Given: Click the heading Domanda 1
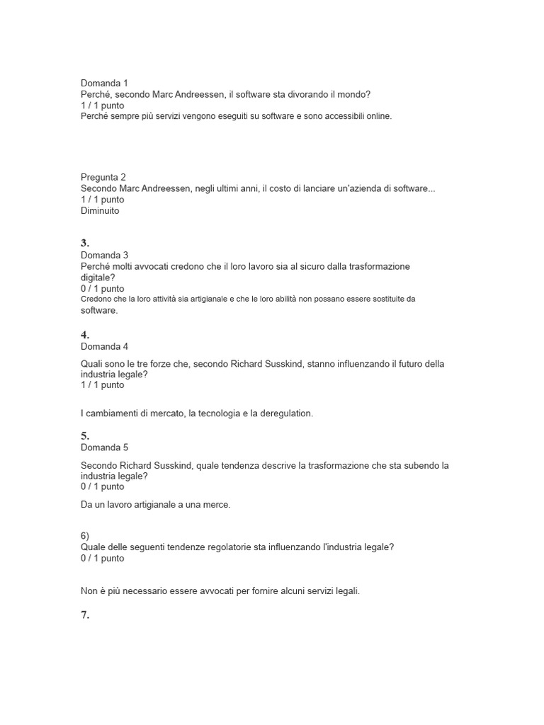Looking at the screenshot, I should (x=104, y=83).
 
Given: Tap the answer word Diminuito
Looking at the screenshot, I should (x=100, y=210).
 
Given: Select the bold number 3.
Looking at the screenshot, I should (x=86, y=243).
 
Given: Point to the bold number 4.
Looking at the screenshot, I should (x=86, y=335).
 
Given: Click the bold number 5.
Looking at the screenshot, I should (x=86, y=435).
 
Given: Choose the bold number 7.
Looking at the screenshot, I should (x=86, y=615).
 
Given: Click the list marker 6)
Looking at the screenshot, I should (x=86, y=536).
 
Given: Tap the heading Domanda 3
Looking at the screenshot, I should (x=104, y=255).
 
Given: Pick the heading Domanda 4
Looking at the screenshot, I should (x=104, y=347).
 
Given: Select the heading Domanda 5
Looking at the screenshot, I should (x=104, y=447).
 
